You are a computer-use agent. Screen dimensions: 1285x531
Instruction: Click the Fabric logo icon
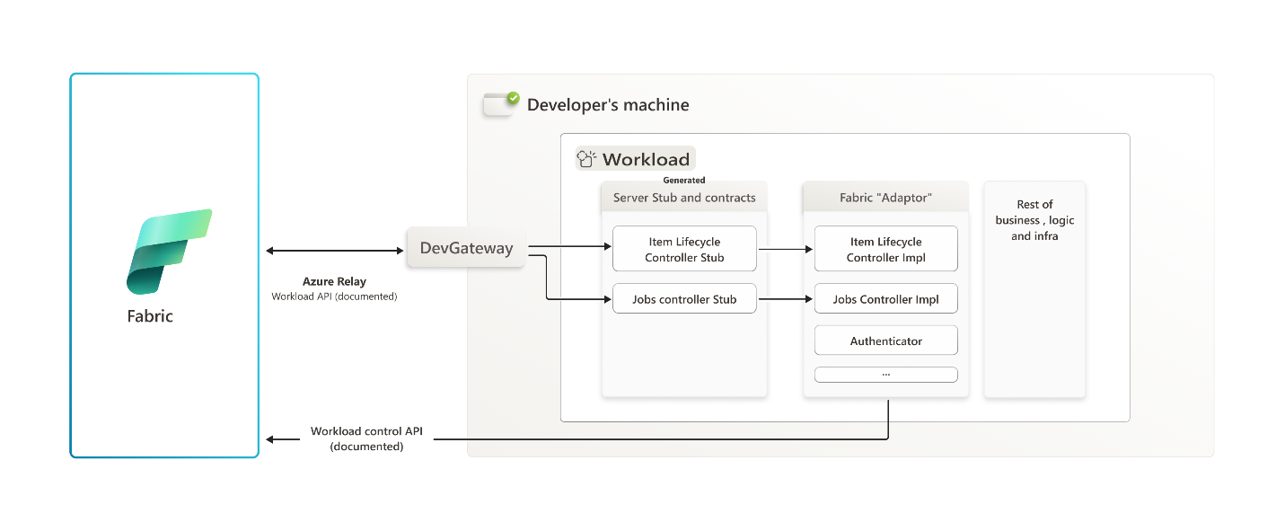pyautogui.click(x=169, y=252)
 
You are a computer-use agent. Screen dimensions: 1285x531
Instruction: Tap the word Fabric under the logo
pyautogui.click(x=150, y=316)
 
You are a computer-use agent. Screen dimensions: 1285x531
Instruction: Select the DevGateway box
pyautogui.click(x=466, y=248)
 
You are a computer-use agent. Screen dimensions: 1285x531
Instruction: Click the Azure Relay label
pyautogui.click(x=334, y=281)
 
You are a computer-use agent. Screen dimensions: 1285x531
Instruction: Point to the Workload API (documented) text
pyautogui.click(x=334, y=296)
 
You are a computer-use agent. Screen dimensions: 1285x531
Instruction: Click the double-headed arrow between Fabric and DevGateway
pyautogui.click(x=335, y=251)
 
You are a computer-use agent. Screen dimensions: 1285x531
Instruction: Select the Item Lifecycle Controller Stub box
pyautogui.click(x=684, y=249)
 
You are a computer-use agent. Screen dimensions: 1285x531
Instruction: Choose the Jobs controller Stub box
pyautogui.click(x=684, y=298)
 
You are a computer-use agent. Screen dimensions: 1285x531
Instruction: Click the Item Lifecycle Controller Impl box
pyautogui.click(x=885, y=249)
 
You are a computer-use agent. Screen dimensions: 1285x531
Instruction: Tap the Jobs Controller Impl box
pyautogui.click(x=885, y=298)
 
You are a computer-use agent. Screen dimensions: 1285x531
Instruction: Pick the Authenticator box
pyautogui.click(x=885, y=341)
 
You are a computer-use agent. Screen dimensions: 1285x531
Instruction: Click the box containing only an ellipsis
pyautogui.click(x=885, y=375)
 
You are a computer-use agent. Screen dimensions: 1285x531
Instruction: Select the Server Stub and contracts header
pyautogui.click(x=684, y=198)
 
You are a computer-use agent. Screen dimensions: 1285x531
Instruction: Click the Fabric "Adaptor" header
pyautogui.click(x=885, y=198)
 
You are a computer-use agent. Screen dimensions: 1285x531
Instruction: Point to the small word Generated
pyautogui.click(x=684, y=181)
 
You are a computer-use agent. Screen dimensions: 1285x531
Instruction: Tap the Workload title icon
pyautogui.click(x=586, y=158)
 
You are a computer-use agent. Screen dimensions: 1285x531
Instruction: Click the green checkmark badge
pyautogui.click(x=514, y=98)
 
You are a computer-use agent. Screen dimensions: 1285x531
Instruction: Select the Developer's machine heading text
pyautogui.click(x=608, y=105)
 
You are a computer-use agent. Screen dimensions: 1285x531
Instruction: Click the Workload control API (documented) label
pyautogui.click(x=366, y=438)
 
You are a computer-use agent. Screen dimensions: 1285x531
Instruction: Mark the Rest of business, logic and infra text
pyautogui.click(x=1034, y=220)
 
